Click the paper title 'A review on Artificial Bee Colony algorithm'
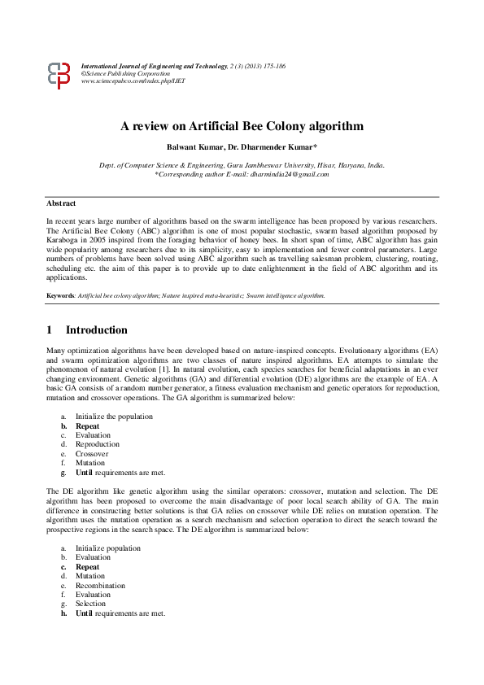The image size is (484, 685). coord(242,126)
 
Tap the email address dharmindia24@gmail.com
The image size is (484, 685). coord(290,174)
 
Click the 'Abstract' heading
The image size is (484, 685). coord(61,203)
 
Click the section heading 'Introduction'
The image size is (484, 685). coord(96,330)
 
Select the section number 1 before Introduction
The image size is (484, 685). coord(50,330)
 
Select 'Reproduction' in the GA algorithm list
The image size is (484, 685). coord(98,444)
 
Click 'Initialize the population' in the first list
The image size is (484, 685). coord(114,417)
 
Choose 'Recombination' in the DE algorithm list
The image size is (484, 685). coord(100,586)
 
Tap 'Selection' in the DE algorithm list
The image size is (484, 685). coord(90,604)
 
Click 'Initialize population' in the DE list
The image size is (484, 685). coord(108,548)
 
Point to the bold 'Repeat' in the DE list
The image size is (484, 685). coord(87,567)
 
